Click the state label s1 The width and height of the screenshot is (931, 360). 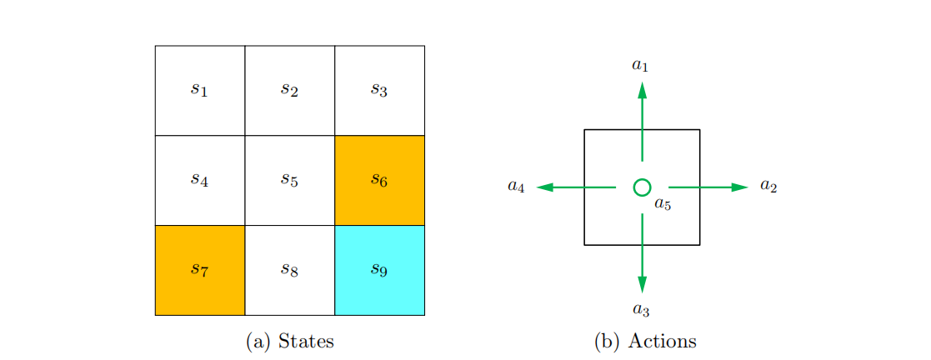[199, 89]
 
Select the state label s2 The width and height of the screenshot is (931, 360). [289, 89]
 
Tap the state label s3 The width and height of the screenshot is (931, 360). [379, 89]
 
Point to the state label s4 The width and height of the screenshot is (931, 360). [199, 179]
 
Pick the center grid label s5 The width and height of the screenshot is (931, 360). [289, 179]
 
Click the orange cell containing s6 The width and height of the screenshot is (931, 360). [379, 180]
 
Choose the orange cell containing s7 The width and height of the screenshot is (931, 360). [200, 270]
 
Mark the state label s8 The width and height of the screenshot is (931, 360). [289, 269]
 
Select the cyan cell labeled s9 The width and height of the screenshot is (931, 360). [379, 270]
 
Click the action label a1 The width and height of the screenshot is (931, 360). [640, 64]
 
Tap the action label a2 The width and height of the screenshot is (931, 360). [768, 187]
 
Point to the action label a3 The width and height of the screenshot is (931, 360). [640, 310]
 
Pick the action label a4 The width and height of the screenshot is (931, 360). [516, 187]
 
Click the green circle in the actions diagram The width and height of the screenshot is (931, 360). [642, 187]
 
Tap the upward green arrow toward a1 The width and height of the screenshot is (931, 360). [642, 121]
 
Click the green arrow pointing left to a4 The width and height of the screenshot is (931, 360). [576, 187]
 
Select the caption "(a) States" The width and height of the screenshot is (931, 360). [290, 342]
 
